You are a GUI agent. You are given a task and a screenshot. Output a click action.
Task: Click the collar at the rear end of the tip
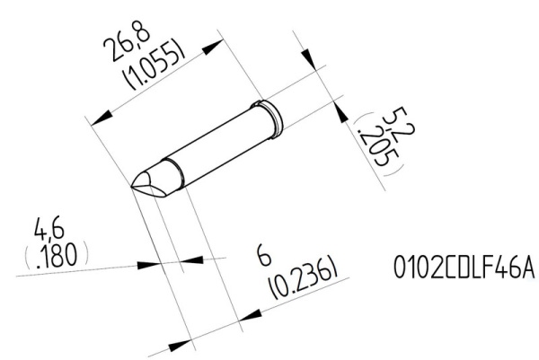[269, 115]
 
